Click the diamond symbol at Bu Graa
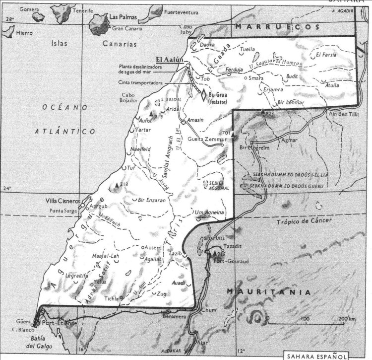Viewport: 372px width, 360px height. click(x=203, y=93)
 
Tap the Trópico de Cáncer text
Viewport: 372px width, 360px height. click(x=303, y=220)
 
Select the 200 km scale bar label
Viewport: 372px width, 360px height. click(x=347, y=318)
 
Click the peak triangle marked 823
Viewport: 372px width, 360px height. click(x=262, y=112)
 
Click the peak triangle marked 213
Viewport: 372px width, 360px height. click(x=117, y=185)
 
